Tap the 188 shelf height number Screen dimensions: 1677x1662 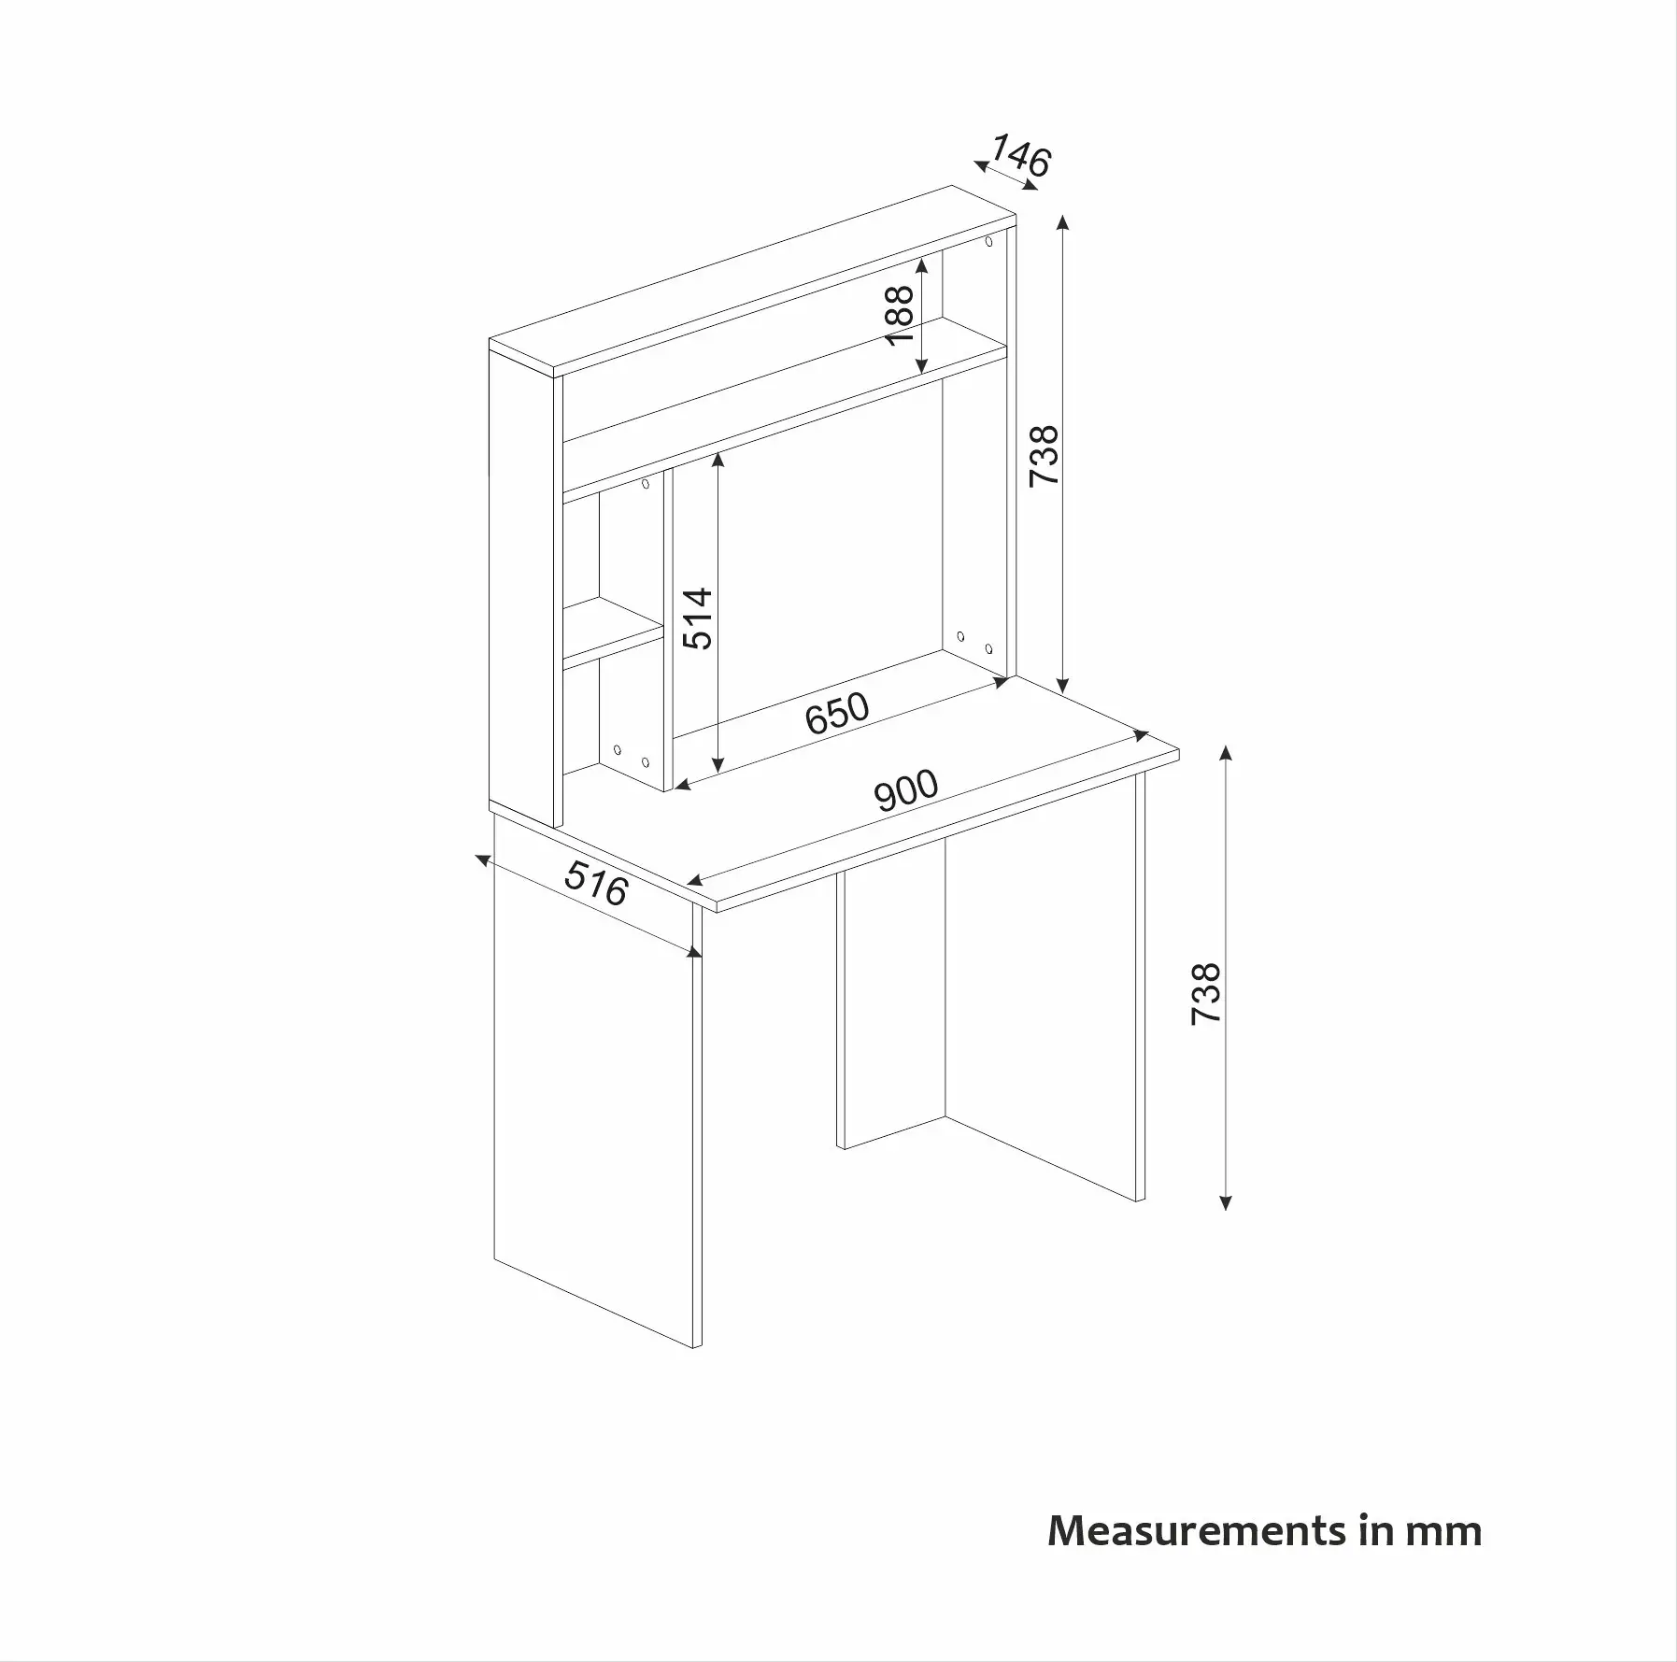pos(900,315)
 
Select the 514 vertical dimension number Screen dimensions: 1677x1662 pos(697,618)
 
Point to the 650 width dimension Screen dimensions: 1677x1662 pos(837,713)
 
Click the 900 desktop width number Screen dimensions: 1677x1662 pos(906,789)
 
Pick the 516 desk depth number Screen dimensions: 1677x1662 pos(596,884)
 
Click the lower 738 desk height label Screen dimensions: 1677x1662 pos(1206,993)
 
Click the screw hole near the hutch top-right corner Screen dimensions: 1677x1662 pos(988,243)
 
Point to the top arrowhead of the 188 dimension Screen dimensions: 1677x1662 pos(921,263)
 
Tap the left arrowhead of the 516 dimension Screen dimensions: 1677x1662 pos(482,859)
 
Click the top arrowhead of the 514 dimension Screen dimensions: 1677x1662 pos(718,459)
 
